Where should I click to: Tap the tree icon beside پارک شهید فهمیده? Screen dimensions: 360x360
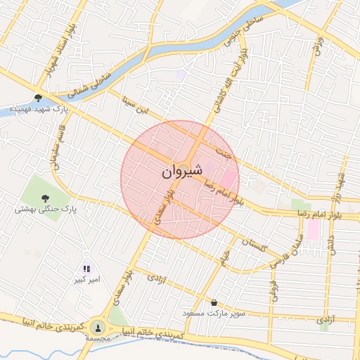37,98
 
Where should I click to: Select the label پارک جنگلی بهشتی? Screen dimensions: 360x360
45,209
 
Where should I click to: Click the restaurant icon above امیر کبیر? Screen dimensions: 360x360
86,269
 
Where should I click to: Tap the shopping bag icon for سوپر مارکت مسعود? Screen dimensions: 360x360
214,302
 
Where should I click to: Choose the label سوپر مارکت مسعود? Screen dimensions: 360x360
214,313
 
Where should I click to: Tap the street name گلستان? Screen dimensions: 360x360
254,246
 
